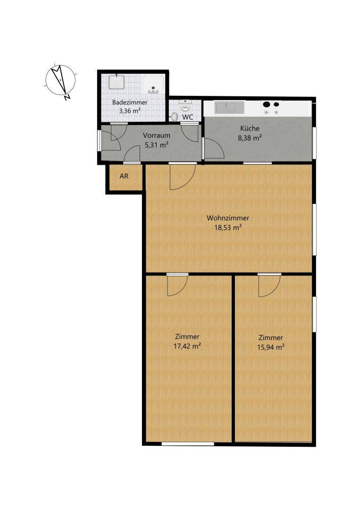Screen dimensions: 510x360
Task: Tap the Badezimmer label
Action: [130, 102]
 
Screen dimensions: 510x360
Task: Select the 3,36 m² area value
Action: [130, 111]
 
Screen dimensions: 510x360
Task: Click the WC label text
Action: [188, 117]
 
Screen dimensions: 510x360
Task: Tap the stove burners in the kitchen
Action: [271, 108]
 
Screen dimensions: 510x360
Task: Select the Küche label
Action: [250, 128]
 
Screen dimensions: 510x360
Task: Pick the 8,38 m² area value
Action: [251, 138]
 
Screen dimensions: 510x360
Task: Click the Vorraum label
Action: [156, 136]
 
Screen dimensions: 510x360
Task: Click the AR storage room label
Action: [124, 177]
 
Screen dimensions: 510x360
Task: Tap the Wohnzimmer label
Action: [227, 218]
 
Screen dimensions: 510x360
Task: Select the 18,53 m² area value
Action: [227, 227]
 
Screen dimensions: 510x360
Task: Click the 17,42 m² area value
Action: [187, 346]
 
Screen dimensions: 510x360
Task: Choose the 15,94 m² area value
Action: [271, 347]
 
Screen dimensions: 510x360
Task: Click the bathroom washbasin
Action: [115, 83]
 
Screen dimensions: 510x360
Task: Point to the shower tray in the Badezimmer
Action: [154, 84]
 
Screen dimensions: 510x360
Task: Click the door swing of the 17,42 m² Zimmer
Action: [178, 284]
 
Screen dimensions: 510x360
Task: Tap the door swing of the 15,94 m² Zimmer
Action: [269, 285]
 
